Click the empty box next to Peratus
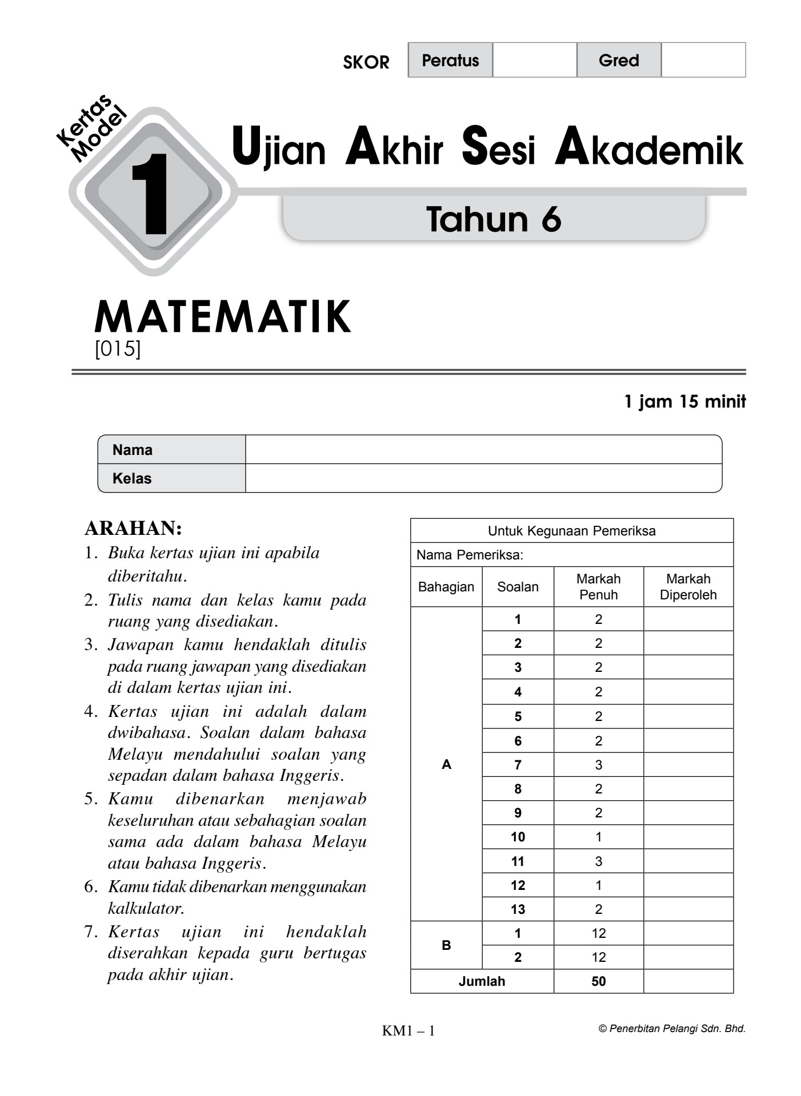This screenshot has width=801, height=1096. tap(534, 60)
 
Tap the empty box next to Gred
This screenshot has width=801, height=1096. tap(703, 60)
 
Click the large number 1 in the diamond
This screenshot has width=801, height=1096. tap(150, 194)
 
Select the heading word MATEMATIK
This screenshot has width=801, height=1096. tap(222, 317)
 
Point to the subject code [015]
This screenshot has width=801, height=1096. tap(117, 348)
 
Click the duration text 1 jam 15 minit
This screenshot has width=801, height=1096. tap(684, 402)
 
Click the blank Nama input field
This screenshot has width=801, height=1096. tap(483, 450)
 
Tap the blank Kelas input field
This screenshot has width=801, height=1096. tap(483, 478)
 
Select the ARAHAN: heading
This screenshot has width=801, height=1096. tap(133, 529)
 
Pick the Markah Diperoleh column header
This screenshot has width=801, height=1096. tap(688, 587)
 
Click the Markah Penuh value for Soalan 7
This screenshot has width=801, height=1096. tap(598, 765)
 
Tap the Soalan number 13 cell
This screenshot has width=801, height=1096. tap(518, 909)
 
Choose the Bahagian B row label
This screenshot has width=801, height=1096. tap(446, 945)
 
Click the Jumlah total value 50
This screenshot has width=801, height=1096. tap(598, 981)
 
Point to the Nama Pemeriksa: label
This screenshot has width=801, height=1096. tap(470, 555)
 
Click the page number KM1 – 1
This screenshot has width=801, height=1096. tap(408, 1031)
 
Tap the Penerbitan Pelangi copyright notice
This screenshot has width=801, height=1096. tap(672, 1029)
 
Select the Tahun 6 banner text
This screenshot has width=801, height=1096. tap(494, 219)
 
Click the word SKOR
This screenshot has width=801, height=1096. tap(366, 62)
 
